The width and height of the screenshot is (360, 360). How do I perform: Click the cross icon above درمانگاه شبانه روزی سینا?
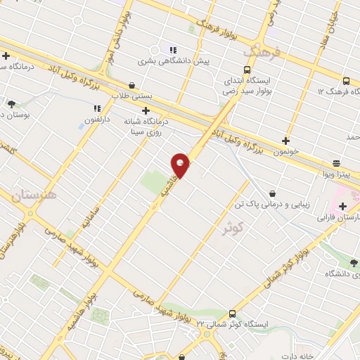pyautogui.click(x=146, y=110)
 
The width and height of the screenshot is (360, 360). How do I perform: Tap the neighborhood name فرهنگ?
pyautogui.click(x=261, y=53)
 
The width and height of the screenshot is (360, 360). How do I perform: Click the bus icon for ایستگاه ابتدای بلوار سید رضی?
pyautogui.click(x=247, y=70)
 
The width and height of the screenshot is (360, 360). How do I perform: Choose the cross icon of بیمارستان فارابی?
pyautogui.click(x=342, y=207)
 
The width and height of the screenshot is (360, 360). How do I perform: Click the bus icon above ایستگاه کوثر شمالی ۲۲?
pyautogui.click(x=233, y=314)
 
